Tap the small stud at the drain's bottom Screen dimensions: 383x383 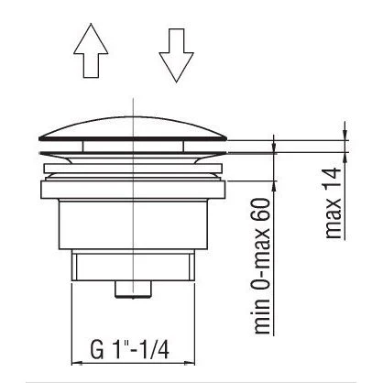(134, 290)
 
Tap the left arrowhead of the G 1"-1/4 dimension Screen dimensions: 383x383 (76, 360)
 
